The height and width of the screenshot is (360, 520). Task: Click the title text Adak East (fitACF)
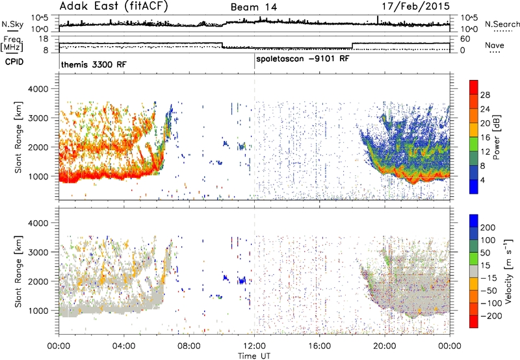click(114, 6)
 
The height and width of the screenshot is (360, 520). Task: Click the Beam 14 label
click(253, 7)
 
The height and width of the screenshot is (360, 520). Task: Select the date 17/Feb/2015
click(416, 6)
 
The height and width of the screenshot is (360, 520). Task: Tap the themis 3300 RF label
click(94, 64)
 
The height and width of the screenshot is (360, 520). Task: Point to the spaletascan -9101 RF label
click(303, 58)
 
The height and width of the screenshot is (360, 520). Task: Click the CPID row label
click(14, 62)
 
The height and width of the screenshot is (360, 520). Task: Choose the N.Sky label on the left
click(12, 24)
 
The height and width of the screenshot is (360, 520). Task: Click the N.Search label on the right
click(502, 24)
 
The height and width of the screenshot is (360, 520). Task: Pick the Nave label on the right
click(495, 45)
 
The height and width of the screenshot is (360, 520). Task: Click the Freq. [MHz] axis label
click(12, 44)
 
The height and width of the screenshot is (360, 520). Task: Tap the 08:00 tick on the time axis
click(189, 346)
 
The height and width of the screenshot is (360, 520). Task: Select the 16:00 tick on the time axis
click(319, 346)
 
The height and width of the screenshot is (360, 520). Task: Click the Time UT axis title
click(254, 355)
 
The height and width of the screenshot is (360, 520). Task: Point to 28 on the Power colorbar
click(485, 95)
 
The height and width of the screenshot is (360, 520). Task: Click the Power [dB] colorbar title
click(496, 137)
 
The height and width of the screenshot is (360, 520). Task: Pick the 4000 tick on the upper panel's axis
click(38, 89)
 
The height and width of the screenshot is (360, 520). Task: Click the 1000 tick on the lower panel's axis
click(38, 311)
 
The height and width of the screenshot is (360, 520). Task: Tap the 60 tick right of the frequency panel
click(465, 39)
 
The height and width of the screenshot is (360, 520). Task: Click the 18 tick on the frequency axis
click(44, 39)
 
